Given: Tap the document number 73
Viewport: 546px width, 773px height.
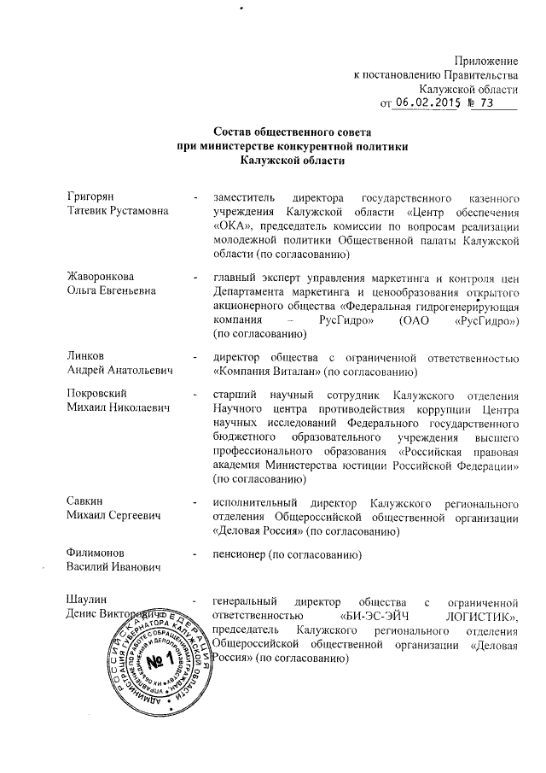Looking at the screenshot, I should point(487,103).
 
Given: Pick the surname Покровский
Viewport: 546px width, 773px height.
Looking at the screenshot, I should point(96,393).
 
